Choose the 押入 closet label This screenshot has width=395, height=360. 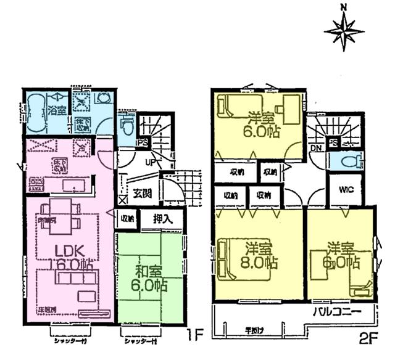(x=163, y=218)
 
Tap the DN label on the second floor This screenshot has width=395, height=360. (x=314, y=149)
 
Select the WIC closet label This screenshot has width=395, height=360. (x=345, y=189)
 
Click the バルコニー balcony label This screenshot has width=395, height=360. (x=337, y=309)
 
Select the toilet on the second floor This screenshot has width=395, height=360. (x=353, y=161)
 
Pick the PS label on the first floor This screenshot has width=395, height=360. (x=142, y=142)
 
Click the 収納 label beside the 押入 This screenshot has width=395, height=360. (x=127, y=218)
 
